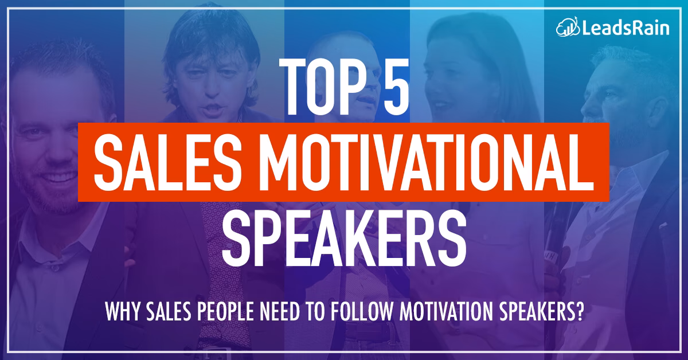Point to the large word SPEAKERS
click(343, 236)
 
